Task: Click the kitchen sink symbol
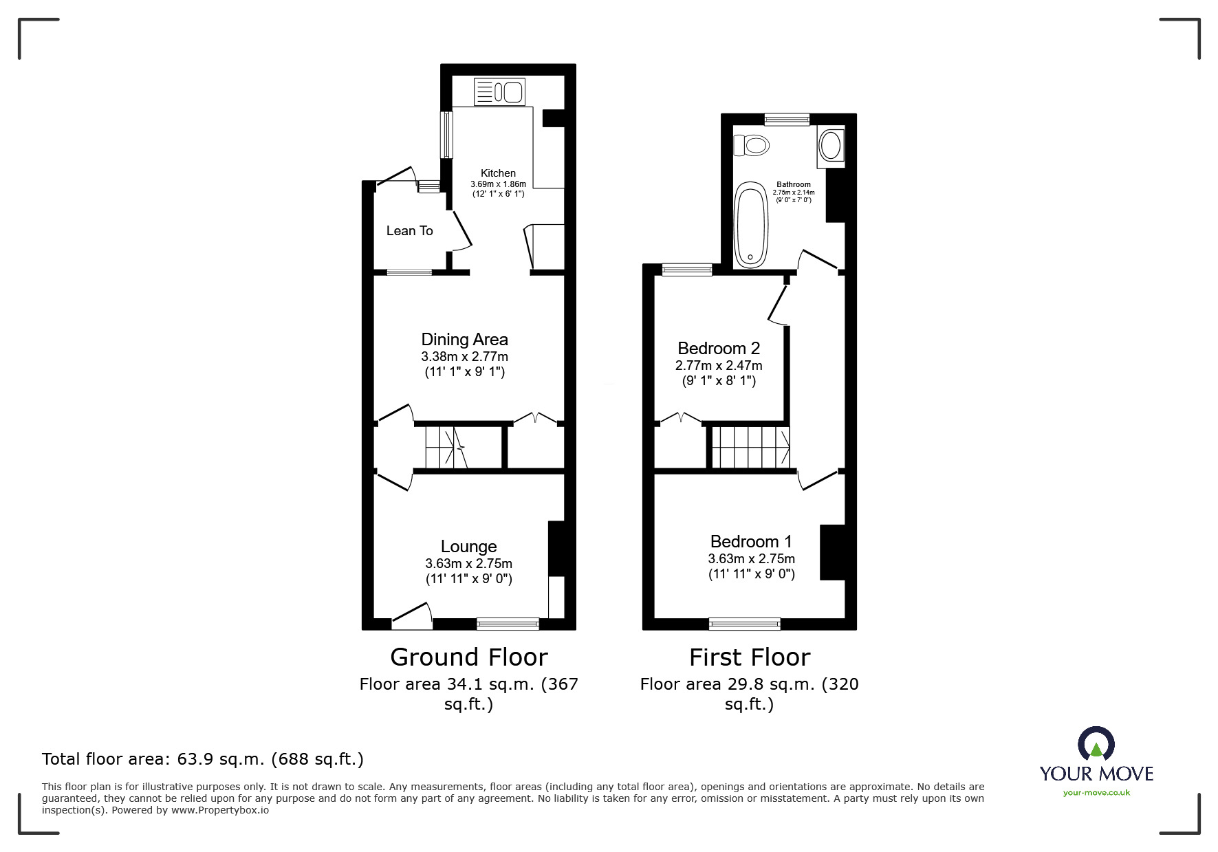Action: pos(499,91)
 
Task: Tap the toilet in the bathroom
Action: pos(750,145)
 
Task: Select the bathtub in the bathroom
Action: pos(750,225)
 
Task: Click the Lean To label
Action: pos(409,231)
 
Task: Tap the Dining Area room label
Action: pos(464,339)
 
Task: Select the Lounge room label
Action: pos(468,546)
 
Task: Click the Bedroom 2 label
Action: pos(719,348)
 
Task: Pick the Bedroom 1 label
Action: pos(752,541)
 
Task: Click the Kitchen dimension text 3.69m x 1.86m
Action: pos(498,184)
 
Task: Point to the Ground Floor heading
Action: pos(469,657)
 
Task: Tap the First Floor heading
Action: pos(750,657)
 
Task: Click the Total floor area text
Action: pos(203,759)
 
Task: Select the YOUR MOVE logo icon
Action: pos(1096,745)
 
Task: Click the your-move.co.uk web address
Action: pos(1096,793)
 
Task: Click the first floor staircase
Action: pos(751,448)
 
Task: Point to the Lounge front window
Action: pos(508,624)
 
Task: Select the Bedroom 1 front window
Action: pos(745,624)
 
